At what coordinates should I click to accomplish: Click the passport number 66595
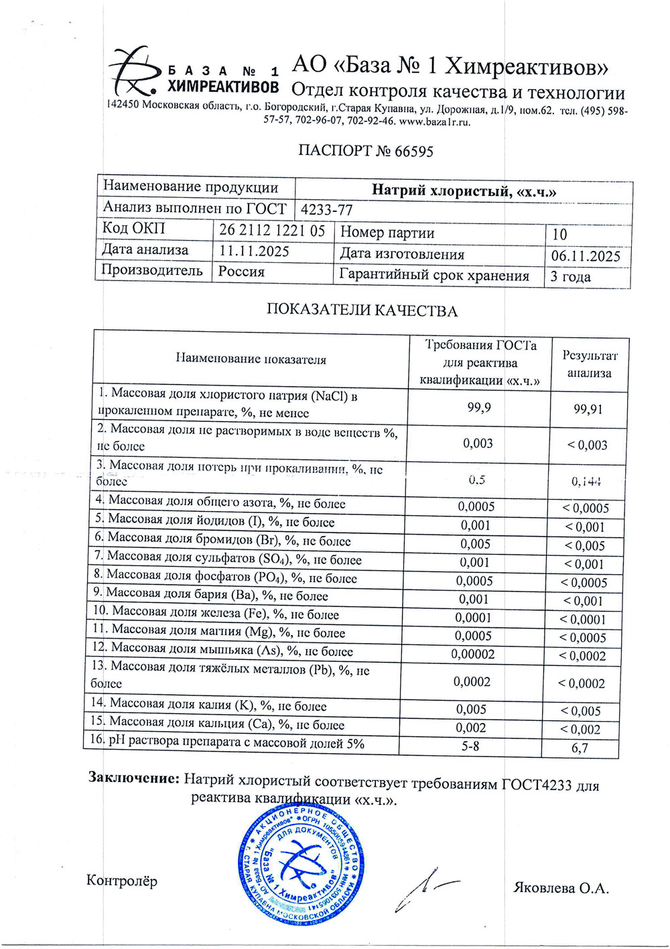coord(414,152)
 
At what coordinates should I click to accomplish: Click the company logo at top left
coord(134,72)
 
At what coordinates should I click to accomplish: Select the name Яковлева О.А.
coord(561,888)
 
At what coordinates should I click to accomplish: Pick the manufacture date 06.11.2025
coord(585,256)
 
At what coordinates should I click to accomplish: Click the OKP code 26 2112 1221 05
coord(272,230)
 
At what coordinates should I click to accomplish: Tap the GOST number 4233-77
coord(326,210)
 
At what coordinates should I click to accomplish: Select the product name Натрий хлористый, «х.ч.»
coord(464,191)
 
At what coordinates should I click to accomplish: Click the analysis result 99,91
coord(588,409)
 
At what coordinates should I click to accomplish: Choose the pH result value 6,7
coord(580,747)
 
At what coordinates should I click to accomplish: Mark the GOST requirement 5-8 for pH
coord(470,745)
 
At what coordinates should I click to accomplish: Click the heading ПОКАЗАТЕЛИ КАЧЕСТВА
coord(362,311)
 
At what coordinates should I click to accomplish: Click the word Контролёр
coord(122,881)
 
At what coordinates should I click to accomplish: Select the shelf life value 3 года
coord(570,277)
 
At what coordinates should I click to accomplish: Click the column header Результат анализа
coord(589,364)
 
